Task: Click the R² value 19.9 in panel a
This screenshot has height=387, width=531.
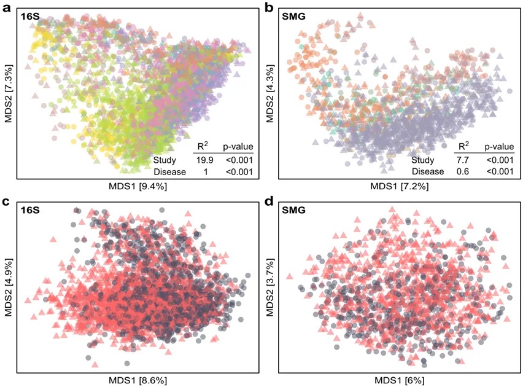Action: pyautogui.click(x=203, y=160)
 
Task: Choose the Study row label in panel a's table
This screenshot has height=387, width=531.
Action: pyautogui.click(x=165, y=160)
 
